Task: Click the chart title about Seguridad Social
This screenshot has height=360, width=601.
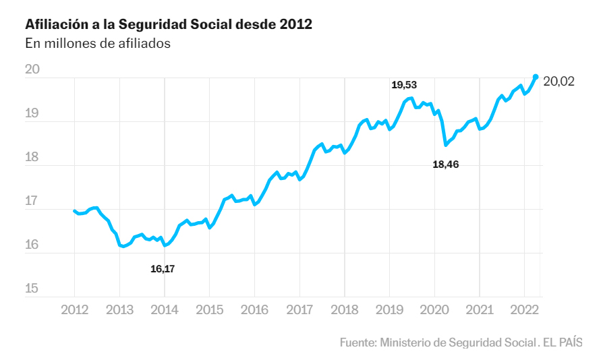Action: pos(169,24)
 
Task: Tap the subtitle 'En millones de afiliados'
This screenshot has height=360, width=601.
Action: pos(98,44)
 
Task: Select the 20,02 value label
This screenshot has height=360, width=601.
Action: pos(559,82)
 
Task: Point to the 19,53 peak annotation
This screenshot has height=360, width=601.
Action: pos(404,85)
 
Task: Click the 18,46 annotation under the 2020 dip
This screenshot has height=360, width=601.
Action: pos(445,164)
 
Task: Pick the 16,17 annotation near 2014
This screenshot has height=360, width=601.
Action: pos(163,268)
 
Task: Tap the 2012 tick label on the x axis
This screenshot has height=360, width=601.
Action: pos(74,309)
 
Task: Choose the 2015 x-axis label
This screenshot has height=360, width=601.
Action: pos(209,309)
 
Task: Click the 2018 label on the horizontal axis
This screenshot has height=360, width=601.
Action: pos(344,309)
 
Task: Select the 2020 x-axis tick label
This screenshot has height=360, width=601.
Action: pos(434,309)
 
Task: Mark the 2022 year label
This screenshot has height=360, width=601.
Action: pos(523,309)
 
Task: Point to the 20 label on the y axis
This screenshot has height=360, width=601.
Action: pos(32,69)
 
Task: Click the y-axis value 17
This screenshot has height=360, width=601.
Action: pos(32,202)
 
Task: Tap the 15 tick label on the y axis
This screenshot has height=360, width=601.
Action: pos(32,289)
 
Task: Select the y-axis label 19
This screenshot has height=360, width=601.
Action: pos(32,114)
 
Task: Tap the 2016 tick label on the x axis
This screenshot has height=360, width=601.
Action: pos(254,309)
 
